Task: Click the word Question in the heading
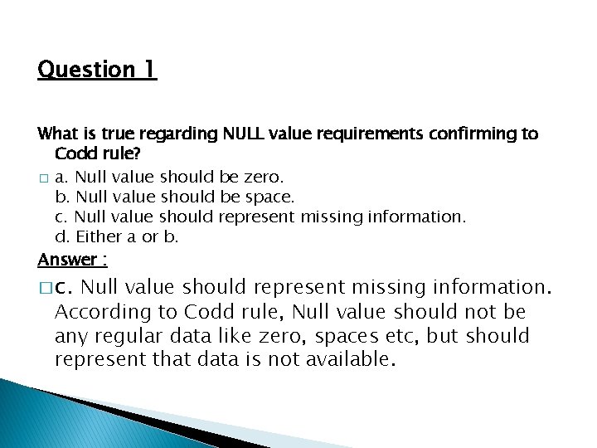[x=86, y=69]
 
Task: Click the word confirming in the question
[x=474, y=134]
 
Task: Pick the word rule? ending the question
[x=120, y=153]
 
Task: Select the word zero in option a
[x=263, y=177]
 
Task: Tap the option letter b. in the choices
[x=62, y=197]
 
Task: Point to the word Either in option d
[x=99, y=236]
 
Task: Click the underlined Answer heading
[x=72, y=260]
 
